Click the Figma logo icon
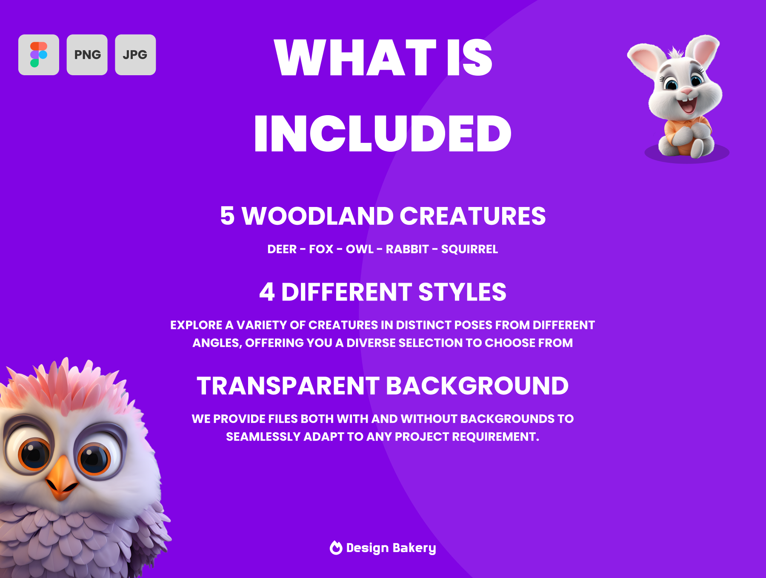point(39,55)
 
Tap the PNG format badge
point(87,55)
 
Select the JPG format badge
point(135,55)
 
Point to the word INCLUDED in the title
point(383,133)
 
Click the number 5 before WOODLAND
point(227,216)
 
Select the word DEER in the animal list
point(282,249)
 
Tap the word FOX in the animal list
point(321,249)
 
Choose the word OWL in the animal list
point(360,249)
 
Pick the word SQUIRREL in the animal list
point(469,249)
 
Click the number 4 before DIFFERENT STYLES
point(267,292)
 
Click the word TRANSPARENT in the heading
point(288,386)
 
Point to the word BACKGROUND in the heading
point(477,386)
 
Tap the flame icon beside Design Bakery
point(336,548)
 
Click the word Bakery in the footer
point(414,548)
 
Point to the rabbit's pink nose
point(686,91)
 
